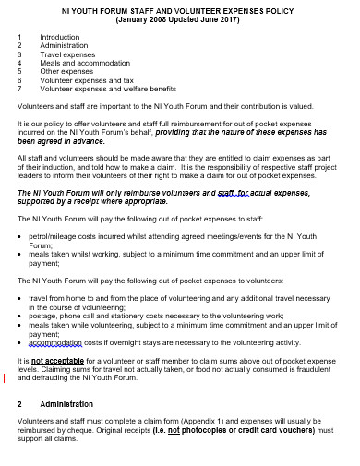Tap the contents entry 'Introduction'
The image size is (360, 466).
(60, 38)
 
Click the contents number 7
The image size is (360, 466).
(19, 88)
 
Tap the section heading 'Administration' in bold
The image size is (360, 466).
(67, 404)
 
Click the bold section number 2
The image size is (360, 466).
(19, 404)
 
